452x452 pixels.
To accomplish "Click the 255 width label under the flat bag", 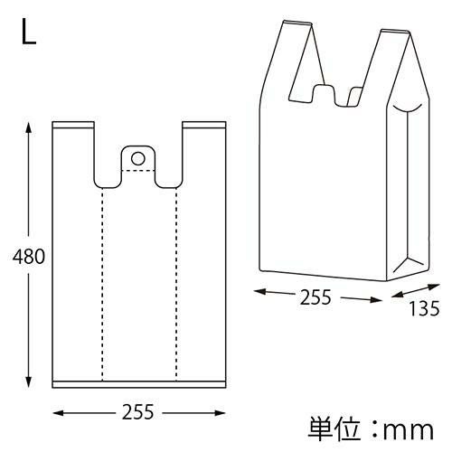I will click(x=137, y=412).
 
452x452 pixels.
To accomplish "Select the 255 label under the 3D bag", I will click(x=316, y=297).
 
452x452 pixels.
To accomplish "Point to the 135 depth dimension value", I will click(x=424, y=309).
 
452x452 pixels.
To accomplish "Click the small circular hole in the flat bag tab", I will click(x=137, y=158).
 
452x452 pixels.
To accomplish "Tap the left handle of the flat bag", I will click(x=73, y=154).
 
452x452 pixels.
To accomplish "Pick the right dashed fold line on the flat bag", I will click(x=175, y=280).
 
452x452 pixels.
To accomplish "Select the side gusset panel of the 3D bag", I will click(x=408, y=190).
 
